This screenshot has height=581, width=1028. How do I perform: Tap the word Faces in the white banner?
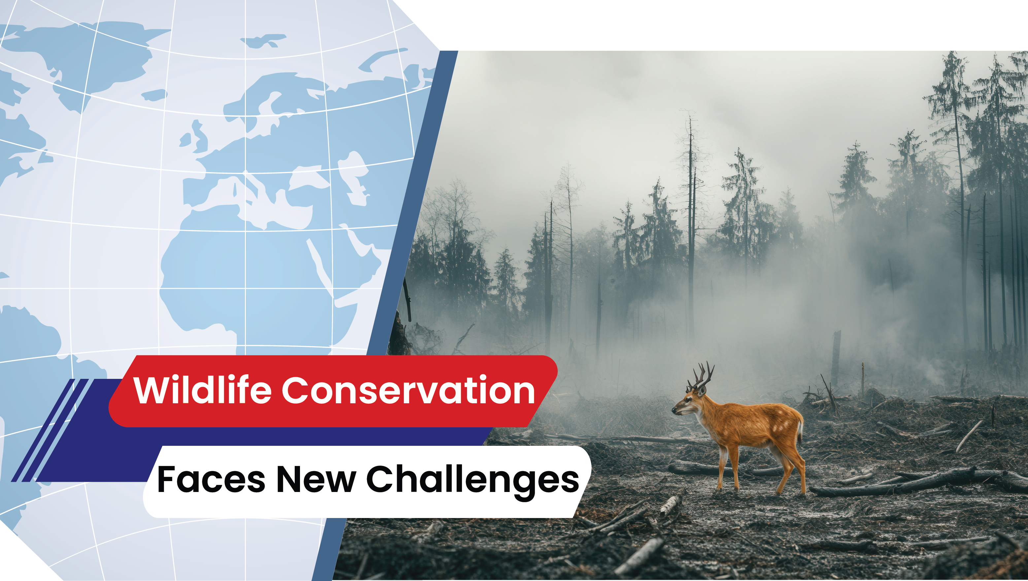211,480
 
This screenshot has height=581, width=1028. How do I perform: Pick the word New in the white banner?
315,480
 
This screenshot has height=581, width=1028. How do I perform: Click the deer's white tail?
800,429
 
